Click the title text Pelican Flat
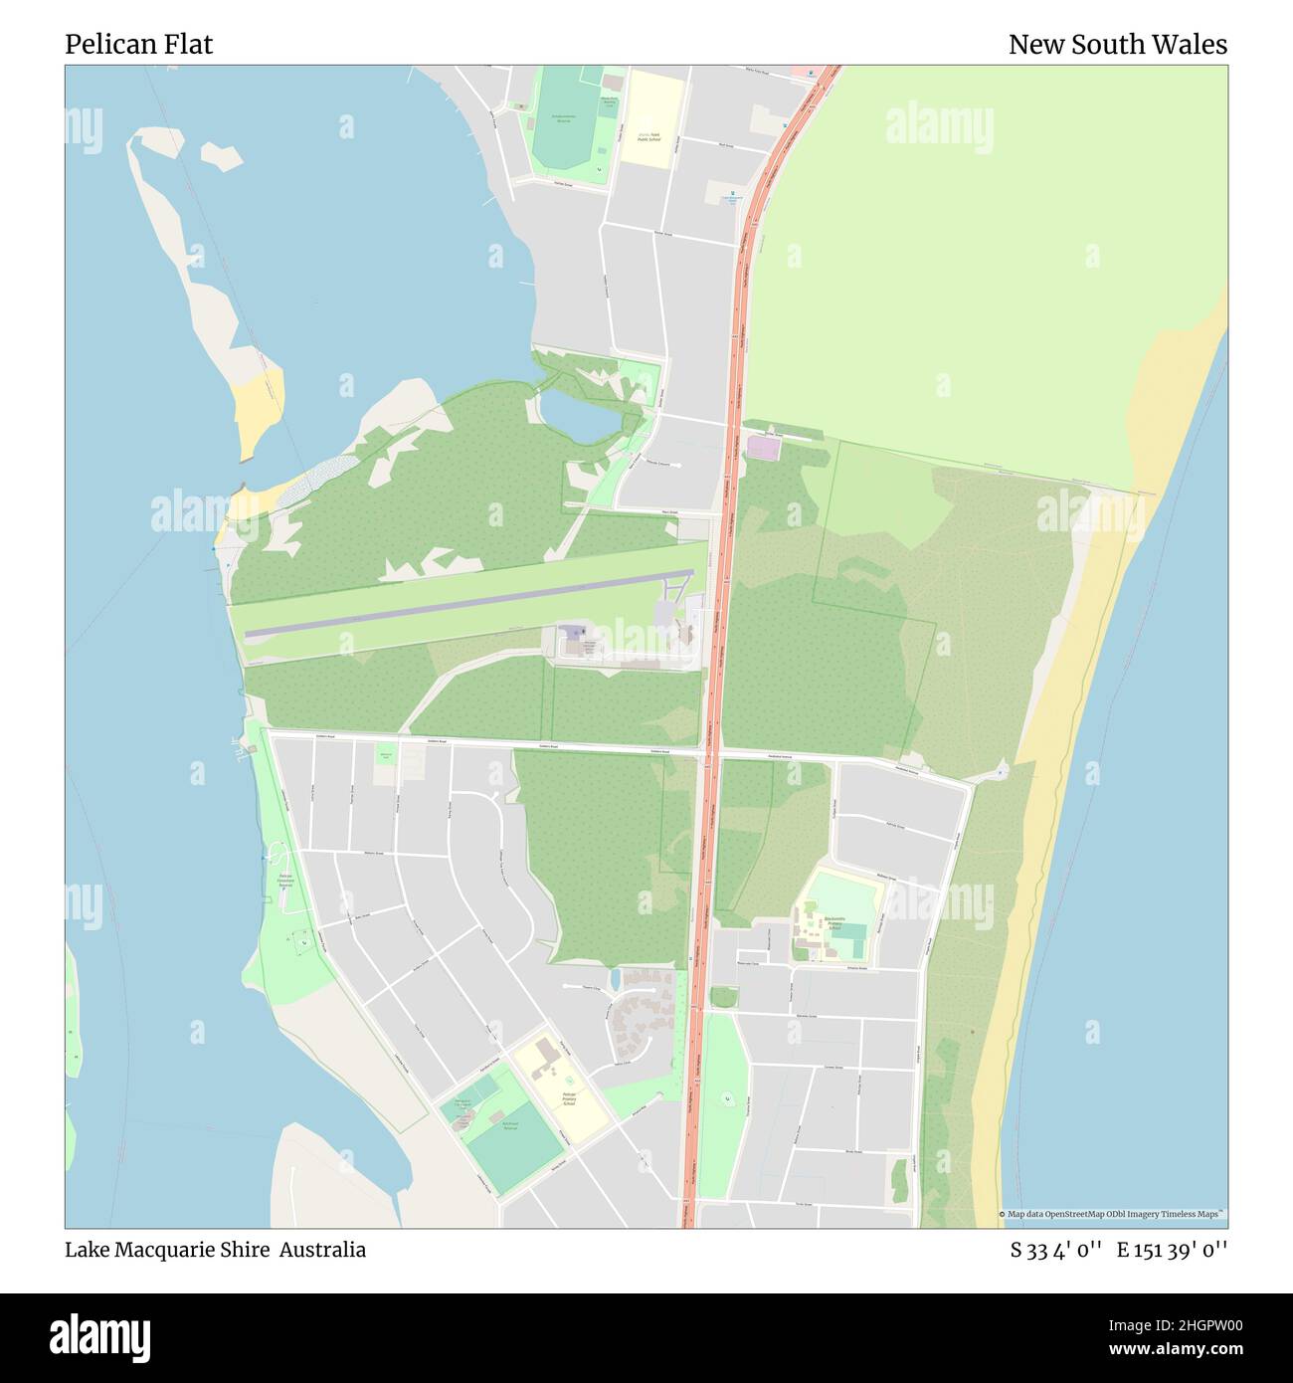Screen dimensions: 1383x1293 (x=138, y=44)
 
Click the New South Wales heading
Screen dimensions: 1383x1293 (x=1117, y=44)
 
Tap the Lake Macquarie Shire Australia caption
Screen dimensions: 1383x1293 (x=215, y=1250)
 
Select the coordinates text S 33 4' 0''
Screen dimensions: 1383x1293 (x=1055, y=1250)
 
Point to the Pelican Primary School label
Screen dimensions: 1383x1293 (x=568, y=1098)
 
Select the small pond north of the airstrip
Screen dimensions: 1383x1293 (x=578, y=417)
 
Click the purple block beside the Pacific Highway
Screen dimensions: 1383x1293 (x=763, y=449)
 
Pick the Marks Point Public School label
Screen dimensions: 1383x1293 (x=651, y=136)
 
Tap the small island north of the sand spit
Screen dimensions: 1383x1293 (x=221, y=154)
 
